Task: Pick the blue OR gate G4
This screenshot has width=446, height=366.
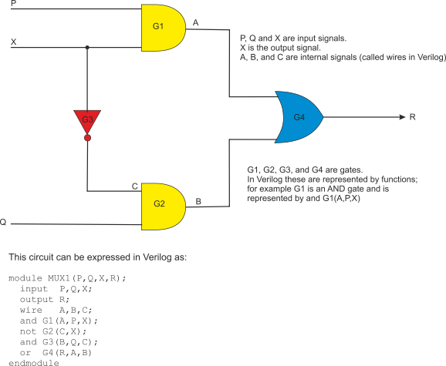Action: pyautogui.click(x=299, y=117)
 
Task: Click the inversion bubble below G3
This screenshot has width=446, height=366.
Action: pyautogui.click(x=88, y=138)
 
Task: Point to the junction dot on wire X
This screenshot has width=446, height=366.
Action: pyautogui.click(x=87, y=48)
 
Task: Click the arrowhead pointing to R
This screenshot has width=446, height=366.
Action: pyautogui.click(x=402, y=117)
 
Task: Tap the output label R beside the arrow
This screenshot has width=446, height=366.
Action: pyautogui.click(x=413, y=117)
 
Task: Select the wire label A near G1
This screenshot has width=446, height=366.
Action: pyautogui.click(x=195, y=22)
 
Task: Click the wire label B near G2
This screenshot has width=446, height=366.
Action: pyautogui.click(x=198, y=201)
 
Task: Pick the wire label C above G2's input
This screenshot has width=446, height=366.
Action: pyautogui.click(x=135, y=186)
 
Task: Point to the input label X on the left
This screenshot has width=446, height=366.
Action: pyautogui.click(x=13, y=42)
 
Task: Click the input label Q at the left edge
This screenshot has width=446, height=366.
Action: pyautogui.click(x=3, y=222)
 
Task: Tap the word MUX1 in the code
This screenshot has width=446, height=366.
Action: pyautogui.click(x=59, y=278)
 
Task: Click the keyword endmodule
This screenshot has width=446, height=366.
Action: pyautogui.click(x=34, y=363)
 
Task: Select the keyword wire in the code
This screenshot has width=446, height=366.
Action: pyautogui.click(x=31, y=310)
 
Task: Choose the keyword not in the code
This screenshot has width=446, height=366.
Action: pyautogui.click(x=28, y=331)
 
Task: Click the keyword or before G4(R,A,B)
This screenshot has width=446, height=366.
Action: pyautogui.click(x=25, y=353)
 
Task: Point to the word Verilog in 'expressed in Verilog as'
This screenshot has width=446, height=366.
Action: pyautogui.click(x=157, y=257)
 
